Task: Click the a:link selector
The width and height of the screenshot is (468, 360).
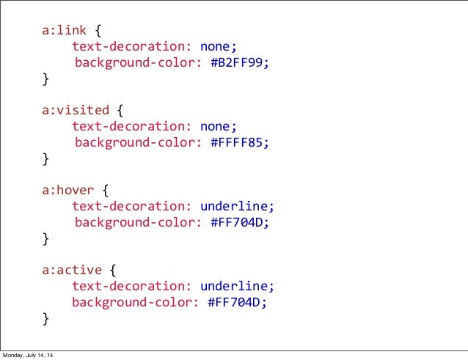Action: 64,31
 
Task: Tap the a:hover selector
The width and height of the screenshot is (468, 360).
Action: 67,191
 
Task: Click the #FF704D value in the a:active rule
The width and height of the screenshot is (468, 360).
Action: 234,302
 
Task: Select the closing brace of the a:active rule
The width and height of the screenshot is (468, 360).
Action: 46,318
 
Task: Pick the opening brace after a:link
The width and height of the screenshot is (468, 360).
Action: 99,31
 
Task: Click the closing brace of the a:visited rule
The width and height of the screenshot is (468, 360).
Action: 46,158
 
